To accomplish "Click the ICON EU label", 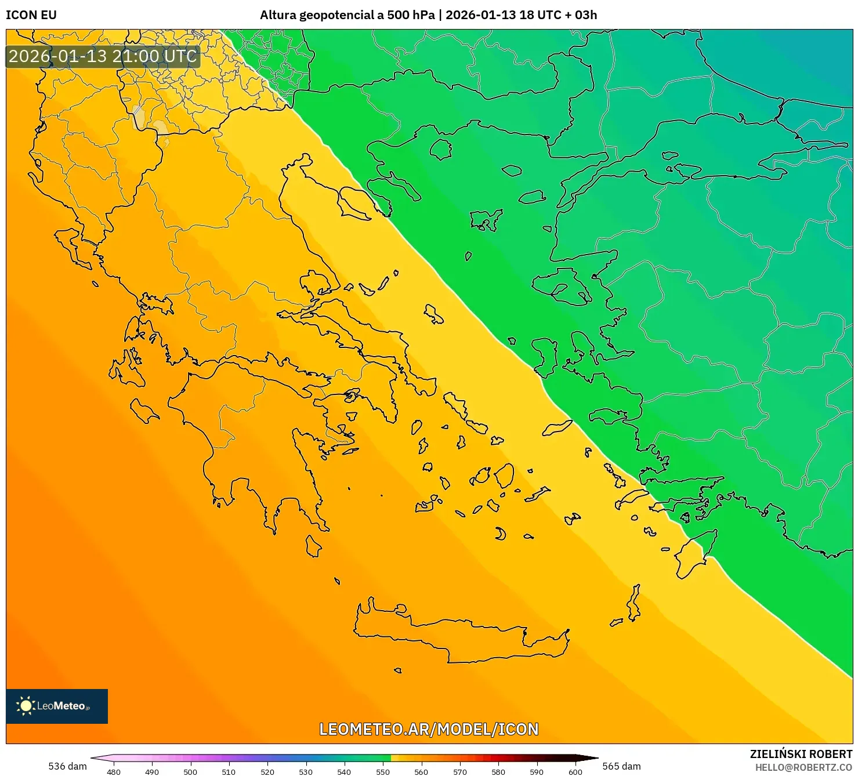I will [31, 15].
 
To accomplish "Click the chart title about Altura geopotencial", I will [428, 15].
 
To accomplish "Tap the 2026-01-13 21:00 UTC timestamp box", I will [103, 56].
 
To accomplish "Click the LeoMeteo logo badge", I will [57, 706].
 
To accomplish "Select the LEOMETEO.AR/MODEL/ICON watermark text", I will [429, 729].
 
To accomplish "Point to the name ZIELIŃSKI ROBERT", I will [801, 754].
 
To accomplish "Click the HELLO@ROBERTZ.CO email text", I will [803, 767].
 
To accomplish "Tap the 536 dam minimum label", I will [67, 766].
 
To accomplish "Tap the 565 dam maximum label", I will [621, 766].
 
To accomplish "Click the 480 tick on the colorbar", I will [114, 772].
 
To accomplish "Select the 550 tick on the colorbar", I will [383, 772].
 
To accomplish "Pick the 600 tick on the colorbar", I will [575, 772].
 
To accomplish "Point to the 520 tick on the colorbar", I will [267, 772].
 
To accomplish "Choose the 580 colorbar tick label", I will [498, 772].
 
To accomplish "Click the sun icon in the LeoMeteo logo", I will [26, 706].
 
